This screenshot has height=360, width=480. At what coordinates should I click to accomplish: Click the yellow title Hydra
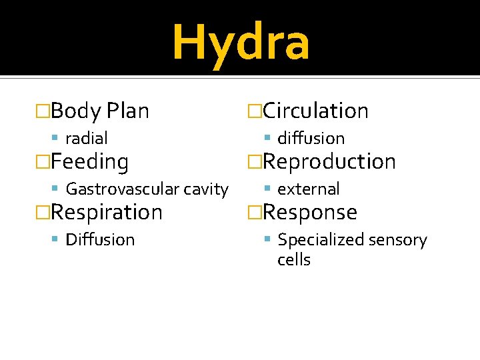(x=241, y=41)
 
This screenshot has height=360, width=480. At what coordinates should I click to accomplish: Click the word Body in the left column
(x=75, y=111)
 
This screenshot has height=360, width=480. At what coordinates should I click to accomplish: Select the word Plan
(x=127, y=111)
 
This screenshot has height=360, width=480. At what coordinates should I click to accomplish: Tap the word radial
(x=87, y=139)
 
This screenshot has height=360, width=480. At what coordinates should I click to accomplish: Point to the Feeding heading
(x=89, y=161)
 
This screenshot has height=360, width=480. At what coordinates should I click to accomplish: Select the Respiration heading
(x=107, y=212)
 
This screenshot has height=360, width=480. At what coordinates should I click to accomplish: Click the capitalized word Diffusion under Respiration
(x=100, y=239)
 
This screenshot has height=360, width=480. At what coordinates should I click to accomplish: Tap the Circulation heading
(x=315, y=111)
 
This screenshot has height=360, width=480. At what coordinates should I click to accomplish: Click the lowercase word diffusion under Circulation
(x=311, y=139)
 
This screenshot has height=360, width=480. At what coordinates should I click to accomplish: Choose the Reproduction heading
(x=329, y=161)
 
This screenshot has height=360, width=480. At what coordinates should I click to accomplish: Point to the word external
(x=308, y=189)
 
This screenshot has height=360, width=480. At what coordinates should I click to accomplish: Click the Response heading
(x=310, y=212)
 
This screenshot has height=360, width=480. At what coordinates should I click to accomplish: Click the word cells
(x=294, y=260)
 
